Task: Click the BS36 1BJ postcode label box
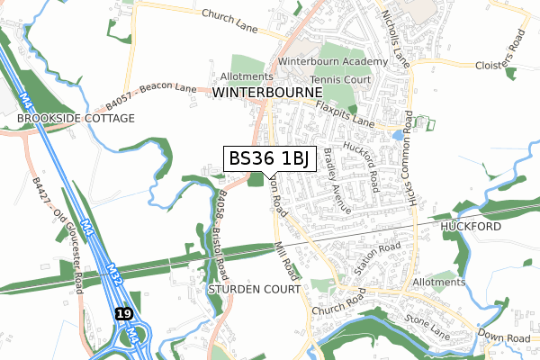click(269, 158)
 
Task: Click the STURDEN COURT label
click(253, 291)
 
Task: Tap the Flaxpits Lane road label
click(345, 113)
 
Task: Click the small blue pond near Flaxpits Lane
click(398, 135)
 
